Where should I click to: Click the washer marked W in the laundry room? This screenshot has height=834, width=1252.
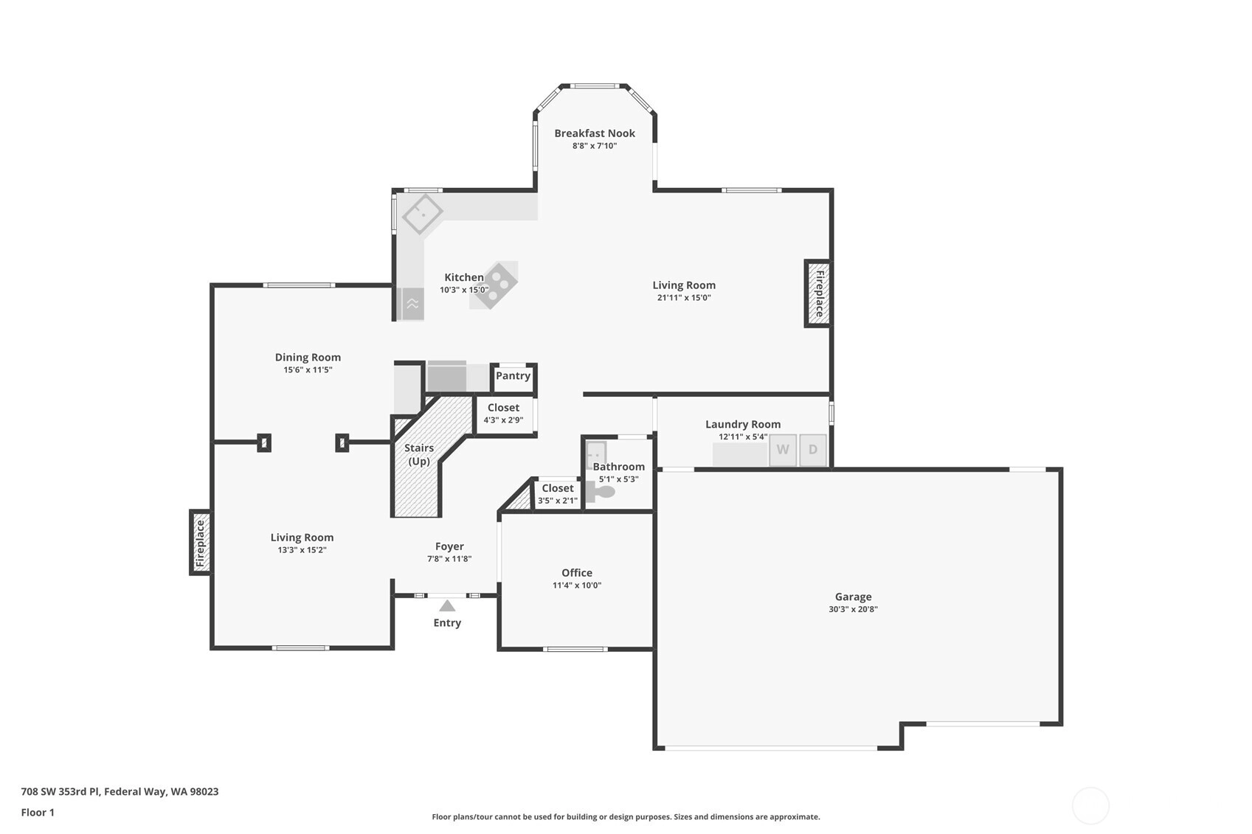tap(783, 450)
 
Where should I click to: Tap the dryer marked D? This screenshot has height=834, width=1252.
tap(813, 450)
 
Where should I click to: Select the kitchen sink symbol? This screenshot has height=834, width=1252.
tap(423, 213)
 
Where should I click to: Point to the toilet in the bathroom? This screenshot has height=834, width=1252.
tap(601, 492)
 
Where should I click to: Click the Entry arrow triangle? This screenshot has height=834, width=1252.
tap(446, 605)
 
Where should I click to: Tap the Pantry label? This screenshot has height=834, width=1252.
tap(513, 375)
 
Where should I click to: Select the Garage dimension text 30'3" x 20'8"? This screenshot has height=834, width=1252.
tap(853, 609)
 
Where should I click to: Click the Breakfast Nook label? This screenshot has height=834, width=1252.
tap(595, 133)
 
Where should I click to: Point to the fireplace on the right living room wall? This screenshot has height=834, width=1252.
tap(818, 293)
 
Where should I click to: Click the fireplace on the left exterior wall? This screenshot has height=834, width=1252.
tap(201, 542)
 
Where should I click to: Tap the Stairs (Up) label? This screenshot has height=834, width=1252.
tap(418, 454)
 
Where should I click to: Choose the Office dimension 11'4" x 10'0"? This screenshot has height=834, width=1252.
tap(577, 585)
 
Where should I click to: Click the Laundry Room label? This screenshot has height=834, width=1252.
tap(743, 424)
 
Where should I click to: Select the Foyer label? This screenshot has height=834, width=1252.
tap(449, 546)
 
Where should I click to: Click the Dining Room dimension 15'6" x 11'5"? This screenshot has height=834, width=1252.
tap(308, 369)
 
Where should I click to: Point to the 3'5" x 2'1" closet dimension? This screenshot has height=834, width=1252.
tap(557, 501)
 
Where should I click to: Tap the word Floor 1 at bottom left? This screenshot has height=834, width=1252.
tap(38, 812)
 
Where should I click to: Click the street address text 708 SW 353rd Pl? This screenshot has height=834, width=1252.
tap(60, 791)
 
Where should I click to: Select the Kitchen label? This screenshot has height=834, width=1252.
tap(464, 277)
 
